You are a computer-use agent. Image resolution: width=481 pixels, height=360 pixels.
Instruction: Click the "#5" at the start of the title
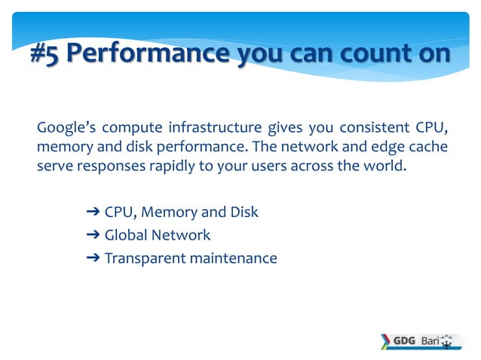46,55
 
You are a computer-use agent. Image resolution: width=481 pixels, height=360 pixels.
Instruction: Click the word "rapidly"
170,165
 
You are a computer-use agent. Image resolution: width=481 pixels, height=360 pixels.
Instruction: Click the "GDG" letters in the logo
404,340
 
